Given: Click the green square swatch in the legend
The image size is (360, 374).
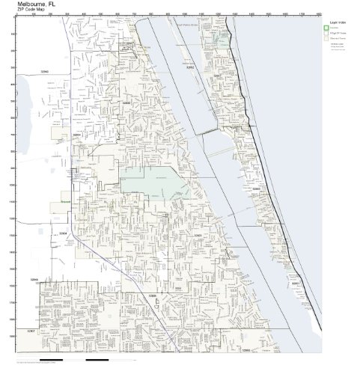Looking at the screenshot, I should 326,28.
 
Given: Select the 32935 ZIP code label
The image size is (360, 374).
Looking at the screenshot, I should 125,102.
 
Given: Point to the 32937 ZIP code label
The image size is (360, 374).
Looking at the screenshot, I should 218,76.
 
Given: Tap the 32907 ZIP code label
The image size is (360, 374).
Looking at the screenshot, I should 31,330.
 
